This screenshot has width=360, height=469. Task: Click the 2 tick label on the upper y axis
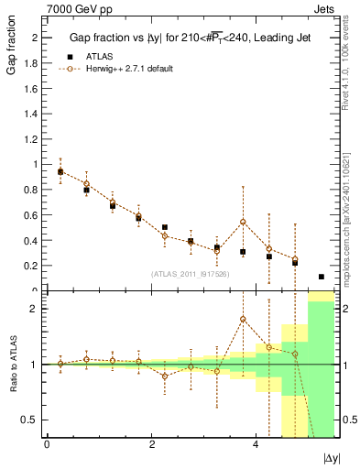[34, 38]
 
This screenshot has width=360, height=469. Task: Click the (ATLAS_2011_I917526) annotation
[190, 274]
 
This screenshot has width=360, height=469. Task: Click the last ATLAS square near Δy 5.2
[322, 277]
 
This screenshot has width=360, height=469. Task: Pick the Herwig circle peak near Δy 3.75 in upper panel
[243, 222]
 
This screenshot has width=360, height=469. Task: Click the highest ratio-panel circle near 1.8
[243, 319]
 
